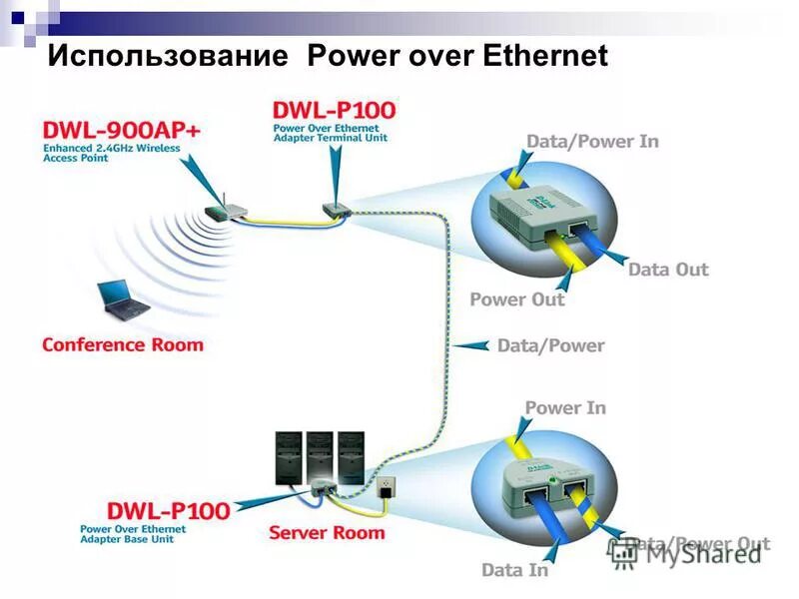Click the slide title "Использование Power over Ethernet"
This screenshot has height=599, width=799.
coord(328,55)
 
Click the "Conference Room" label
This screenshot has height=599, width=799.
coord(122,345)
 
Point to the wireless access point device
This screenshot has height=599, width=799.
coord(226,212)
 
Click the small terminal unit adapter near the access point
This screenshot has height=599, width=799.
coord(334,211)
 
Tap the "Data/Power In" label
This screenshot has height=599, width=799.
coord(592,141)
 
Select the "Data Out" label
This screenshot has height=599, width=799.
coord(668,270)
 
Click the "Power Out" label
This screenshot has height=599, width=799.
coord(516,299)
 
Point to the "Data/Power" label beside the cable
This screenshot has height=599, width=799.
coord(550,345)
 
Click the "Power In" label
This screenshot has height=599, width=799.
coord(565,407)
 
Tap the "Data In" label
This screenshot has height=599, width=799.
coord(514,570)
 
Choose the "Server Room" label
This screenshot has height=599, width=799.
coord(327,532)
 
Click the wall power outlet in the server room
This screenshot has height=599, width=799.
coord(387,486)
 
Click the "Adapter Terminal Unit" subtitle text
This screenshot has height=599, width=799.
coord(331,137)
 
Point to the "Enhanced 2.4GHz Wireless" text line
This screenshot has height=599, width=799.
coord(111,148)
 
